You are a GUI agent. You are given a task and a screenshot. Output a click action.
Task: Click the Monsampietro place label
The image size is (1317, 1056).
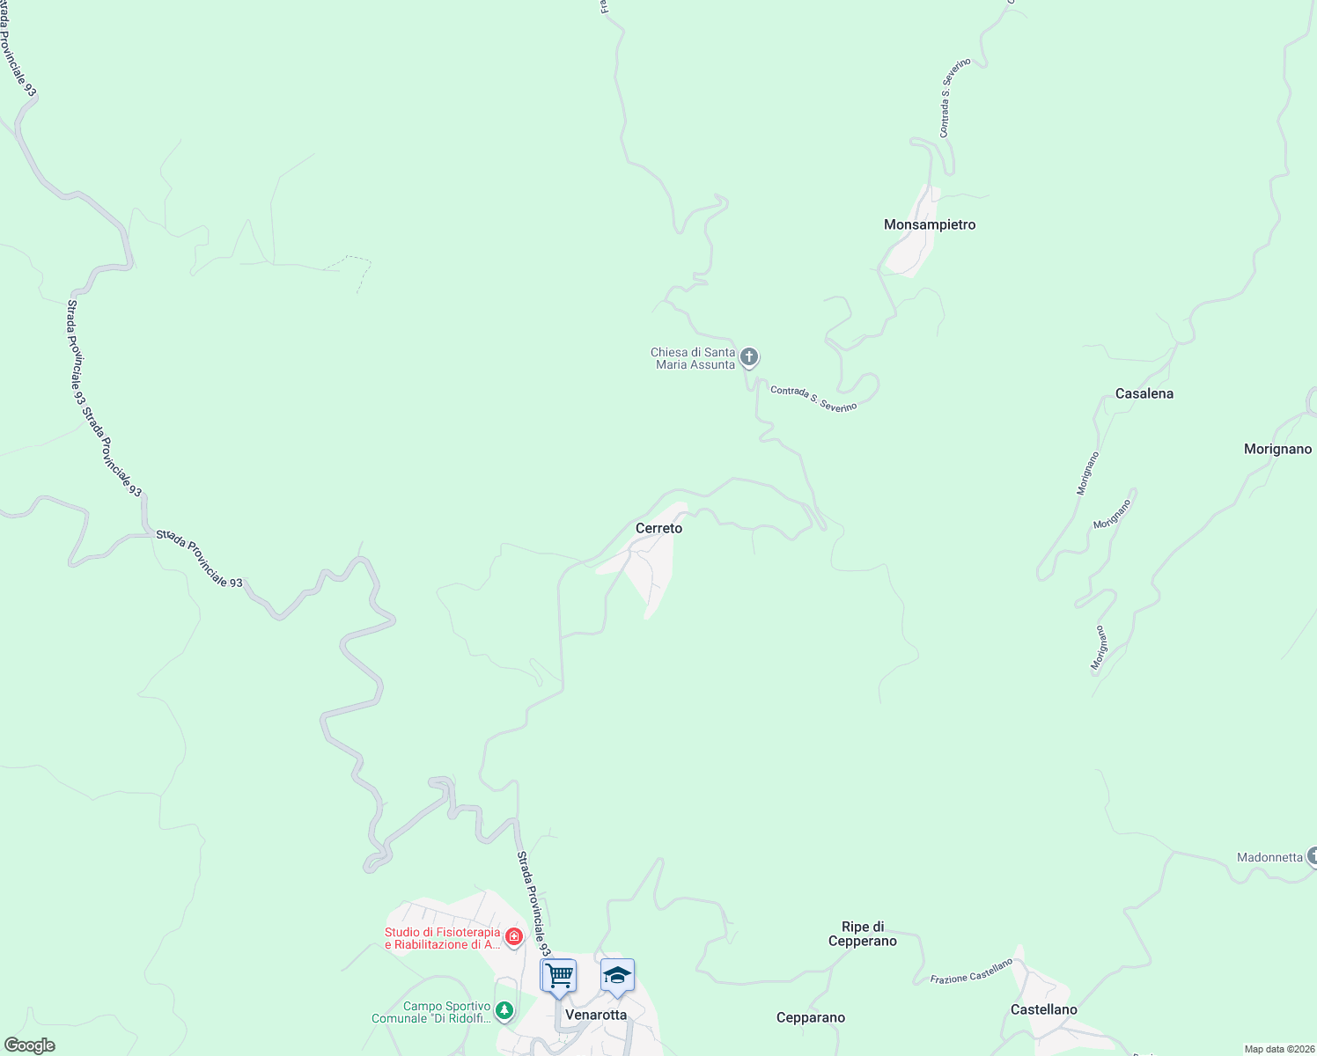[930, 224]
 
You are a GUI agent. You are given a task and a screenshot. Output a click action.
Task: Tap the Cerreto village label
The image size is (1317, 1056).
[658, 528]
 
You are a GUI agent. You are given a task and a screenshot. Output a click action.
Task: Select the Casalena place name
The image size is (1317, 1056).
[1144, 393]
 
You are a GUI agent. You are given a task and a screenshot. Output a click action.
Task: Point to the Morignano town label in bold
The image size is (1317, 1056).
[1277, 449]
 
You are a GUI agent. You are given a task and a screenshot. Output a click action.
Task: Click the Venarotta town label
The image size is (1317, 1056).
[596, 1015]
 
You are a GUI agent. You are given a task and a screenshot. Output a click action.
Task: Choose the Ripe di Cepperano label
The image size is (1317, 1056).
[863, 934]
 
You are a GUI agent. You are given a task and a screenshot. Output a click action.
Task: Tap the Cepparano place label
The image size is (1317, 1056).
[810, 1017]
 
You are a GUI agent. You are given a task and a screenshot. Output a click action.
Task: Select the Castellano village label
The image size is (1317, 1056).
[1043, 1009]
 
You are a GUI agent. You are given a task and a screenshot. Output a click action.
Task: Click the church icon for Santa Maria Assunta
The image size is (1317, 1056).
[749, 356]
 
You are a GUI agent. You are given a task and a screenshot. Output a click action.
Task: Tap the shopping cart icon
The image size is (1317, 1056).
[558, 975]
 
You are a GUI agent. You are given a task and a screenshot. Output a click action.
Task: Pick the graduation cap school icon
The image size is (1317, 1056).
[617, 975]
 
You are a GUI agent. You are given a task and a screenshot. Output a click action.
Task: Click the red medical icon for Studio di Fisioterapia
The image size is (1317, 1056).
[513, 937]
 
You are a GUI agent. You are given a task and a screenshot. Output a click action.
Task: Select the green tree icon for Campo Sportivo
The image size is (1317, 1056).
[504, 1010]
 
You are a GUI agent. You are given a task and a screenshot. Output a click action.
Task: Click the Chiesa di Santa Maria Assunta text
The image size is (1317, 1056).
[693, 358]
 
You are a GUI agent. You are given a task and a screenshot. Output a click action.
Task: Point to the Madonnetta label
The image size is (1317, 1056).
[1269, 857]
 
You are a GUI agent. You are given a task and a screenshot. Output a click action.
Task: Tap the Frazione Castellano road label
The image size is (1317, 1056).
[972, 972]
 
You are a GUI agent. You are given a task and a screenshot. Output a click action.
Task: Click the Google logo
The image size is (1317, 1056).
[29, 1045]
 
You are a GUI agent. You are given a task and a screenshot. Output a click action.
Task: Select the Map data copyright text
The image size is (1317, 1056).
[1279, 1049]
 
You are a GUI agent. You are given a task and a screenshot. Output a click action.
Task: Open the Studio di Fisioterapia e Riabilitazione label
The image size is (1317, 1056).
[442, 938]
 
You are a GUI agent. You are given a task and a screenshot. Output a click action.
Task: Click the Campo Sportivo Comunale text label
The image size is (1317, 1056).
[431, 1012]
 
